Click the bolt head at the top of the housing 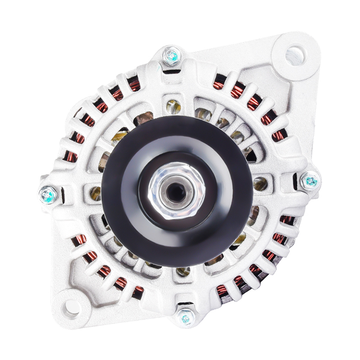point(171,56)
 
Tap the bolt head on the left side point(48,194)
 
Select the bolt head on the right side point(310,181)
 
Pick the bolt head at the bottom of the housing point(185,318)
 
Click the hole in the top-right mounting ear point(295,55)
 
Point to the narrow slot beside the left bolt point(63,194)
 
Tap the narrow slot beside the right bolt point(295,182)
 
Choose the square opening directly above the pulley point(173,106)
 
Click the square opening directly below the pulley point(183,271)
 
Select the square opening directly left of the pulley point(96,193)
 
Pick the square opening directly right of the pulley point(260,183)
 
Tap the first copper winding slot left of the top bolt point(134,83)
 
